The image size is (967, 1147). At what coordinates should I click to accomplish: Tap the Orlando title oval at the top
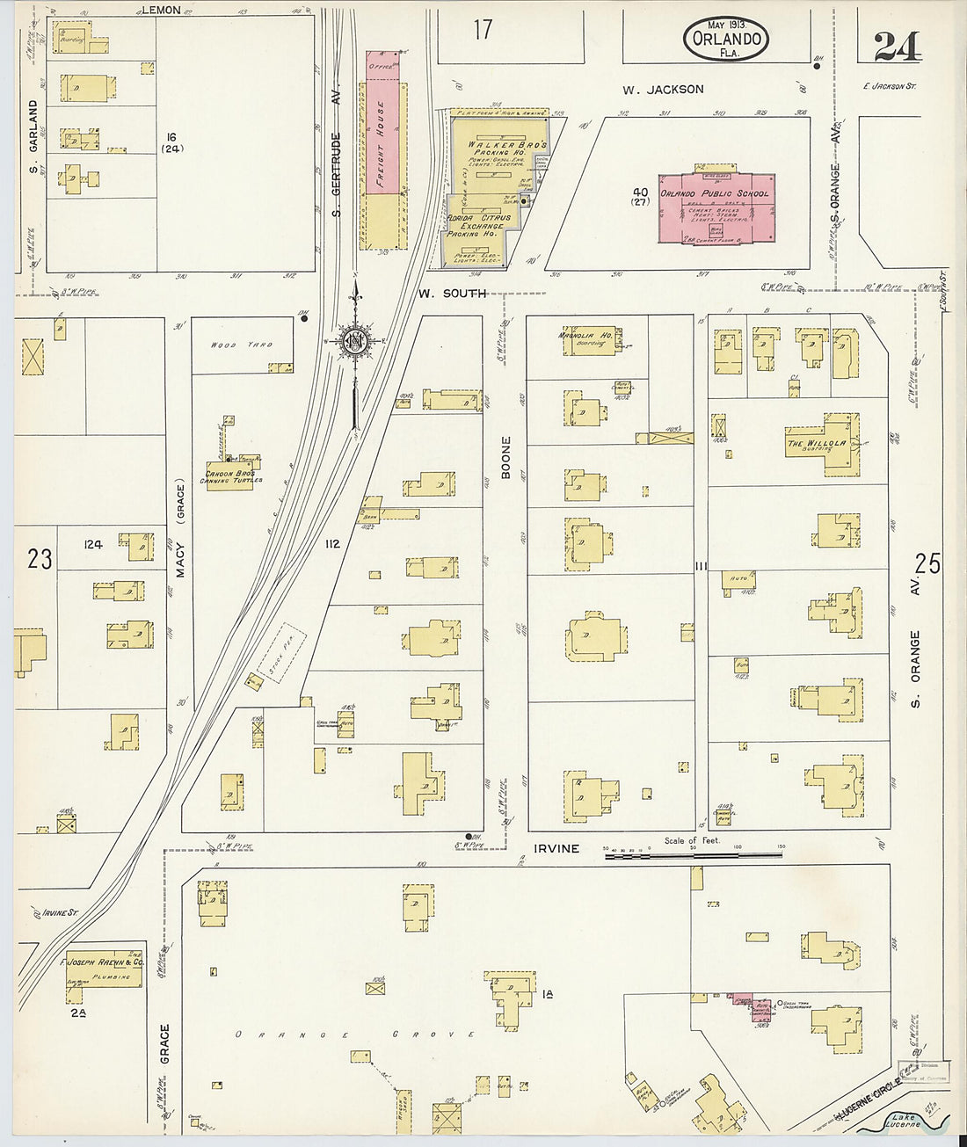point(725,40)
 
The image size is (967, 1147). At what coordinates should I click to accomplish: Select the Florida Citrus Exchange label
point(475,225)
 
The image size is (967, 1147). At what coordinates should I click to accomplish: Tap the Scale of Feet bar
point(693,853)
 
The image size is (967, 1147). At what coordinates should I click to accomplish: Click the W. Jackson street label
point(663,89)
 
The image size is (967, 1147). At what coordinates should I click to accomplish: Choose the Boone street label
point(505,457)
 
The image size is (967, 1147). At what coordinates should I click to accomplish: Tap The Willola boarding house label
point(817,444)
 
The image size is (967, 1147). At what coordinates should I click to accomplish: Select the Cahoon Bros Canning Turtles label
point(229,477)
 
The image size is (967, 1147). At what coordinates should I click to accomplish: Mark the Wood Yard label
point(241,345)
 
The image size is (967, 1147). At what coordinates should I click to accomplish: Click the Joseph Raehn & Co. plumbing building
point(104,968)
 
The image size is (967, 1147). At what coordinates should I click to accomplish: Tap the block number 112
point(331,544)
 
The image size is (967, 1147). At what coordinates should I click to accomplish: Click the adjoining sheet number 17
point(483,30)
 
